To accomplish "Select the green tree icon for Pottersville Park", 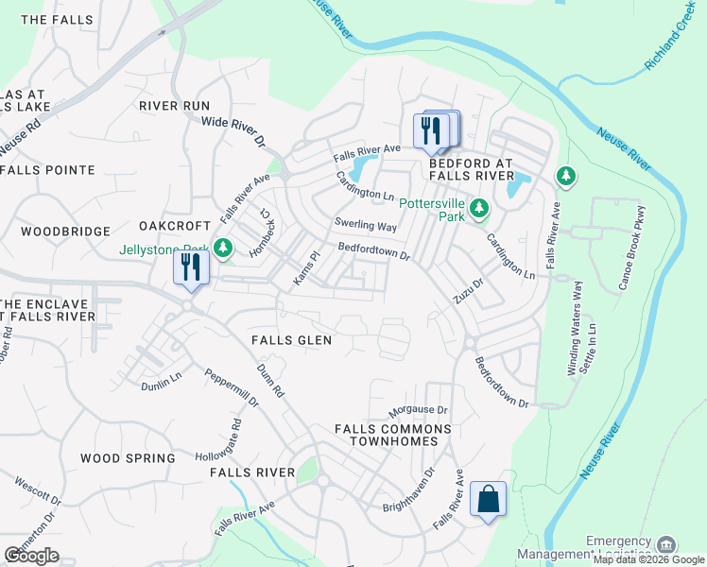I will (x=479, y=206).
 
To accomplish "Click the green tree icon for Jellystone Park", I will (x=223, y=249).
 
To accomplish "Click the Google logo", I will (x=31, y=556).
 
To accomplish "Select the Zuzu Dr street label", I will (x=468, y=290).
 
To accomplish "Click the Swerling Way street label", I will (x=365, y=227).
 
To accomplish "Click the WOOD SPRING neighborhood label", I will (x=128, y=458).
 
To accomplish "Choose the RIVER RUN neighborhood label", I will (x=174, y=106).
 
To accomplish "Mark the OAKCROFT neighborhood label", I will (x=173, y=226).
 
